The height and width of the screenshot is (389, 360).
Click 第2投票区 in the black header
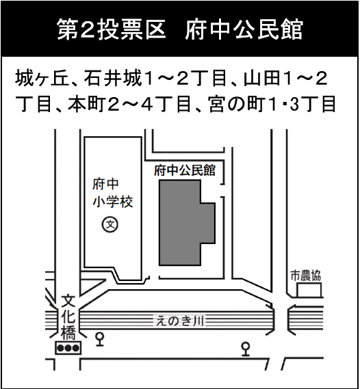click(112, 29)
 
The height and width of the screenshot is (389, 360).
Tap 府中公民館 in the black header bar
click(244, 29)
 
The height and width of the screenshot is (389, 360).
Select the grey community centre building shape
click(183, 223)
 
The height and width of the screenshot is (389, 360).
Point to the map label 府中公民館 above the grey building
click(185, 170)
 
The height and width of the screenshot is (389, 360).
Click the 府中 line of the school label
click(106, 184)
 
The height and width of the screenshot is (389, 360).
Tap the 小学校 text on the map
click(113, 202)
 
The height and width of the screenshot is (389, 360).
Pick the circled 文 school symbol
click(110, 224)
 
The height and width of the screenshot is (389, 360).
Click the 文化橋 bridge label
click(68, 317)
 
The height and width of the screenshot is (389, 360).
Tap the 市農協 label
click(306, 276)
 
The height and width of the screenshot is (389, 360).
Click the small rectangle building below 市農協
click(309, 290)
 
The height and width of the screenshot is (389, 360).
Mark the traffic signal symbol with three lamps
click(68, 348)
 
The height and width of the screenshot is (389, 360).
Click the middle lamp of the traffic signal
click(68, 348)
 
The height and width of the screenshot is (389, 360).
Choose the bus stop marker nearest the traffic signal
click(100, 339)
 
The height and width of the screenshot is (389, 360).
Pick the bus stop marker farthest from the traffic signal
click(246, 349)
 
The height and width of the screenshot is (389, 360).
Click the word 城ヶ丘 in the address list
click(42, 78)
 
